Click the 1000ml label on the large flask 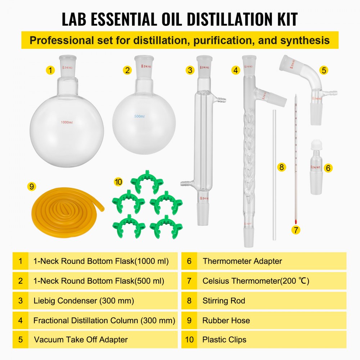pos(66,122)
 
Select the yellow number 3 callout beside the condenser pos(190,70)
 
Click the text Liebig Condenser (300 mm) pos(84,301)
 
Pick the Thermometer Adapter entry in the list pos(242,261)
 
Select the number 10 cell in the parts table pos(189,339)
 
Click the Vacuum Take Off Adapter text pos(81,339)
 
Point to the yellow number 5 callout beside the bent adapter pos(324,70)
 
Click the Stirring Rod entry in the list pos(224,301)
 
